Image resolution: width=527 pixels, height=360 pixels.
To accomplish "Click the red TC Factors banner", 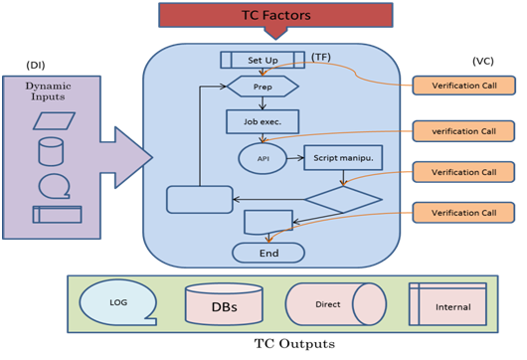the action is coord(275,16).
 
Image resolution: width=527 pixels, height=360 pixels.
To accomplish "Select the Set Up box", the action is coord(263,60).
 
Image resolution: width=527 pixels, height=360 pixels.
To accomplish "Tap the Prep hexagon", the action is coord(263,87).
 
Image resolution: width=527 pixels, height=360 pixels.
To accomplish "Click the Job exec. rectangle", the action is coord(263,121).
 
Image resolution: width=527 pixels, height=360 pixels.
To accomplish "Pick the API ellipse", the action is coord(263,158).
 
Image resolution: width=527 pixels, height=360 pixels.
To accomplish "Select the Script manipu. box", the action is coord(343,158).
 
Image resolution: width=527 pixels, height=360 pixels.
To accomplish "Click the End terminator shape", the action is coord(268,253).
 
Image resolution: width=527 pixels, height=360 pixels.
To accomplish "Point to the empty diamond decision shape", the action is coord(343,199).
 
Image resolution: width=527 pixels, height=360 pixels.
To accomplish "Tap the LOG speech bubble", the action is coord(118,302).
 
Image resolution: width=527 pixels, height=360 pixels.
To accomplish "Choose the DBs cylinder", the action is coord(224,304).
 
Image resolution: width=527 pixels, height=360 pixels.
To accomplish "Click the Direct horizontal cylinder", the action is coord(336,304).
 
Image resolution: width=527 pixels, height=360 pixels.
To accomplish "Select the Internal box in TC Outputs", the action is coord(447,304).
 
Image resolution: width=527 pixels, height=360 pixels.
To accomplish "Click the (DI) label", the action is coord(36,65).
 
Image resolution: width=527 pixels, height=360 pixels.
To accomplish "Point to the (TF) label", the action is coord(321,57).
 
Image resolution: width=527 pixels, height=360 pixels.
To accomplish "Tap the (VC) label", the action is coord(483,61).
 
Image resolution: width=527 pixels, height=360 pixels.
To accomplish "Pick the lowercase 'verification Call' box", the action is coord(463,131).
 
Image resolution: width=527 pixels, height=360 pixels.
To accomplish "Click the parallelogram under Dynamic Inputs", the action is coord(54,121).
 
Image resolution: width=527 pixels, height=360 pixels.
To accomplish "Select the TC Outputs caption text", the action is coord(294,344).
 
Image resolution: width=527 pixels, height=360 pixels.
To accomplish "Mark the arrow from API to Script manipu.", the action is coord(295,158).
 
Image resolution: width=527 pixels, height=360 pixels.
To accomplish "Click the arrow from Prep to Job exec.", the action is coord(263,103).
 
